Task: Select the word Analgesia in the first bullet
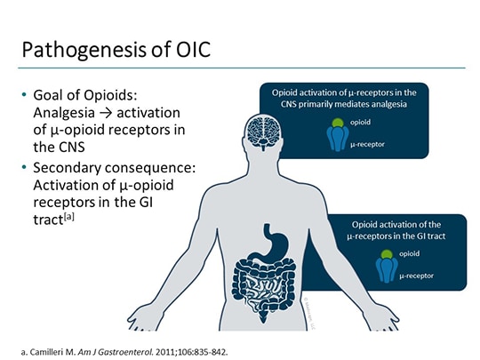point(65,114)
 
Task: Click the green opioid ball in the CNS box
point(337,124)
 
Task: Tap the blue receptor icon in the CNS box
point(337,137)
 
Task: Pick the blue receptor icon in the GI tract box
point(386,269)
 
